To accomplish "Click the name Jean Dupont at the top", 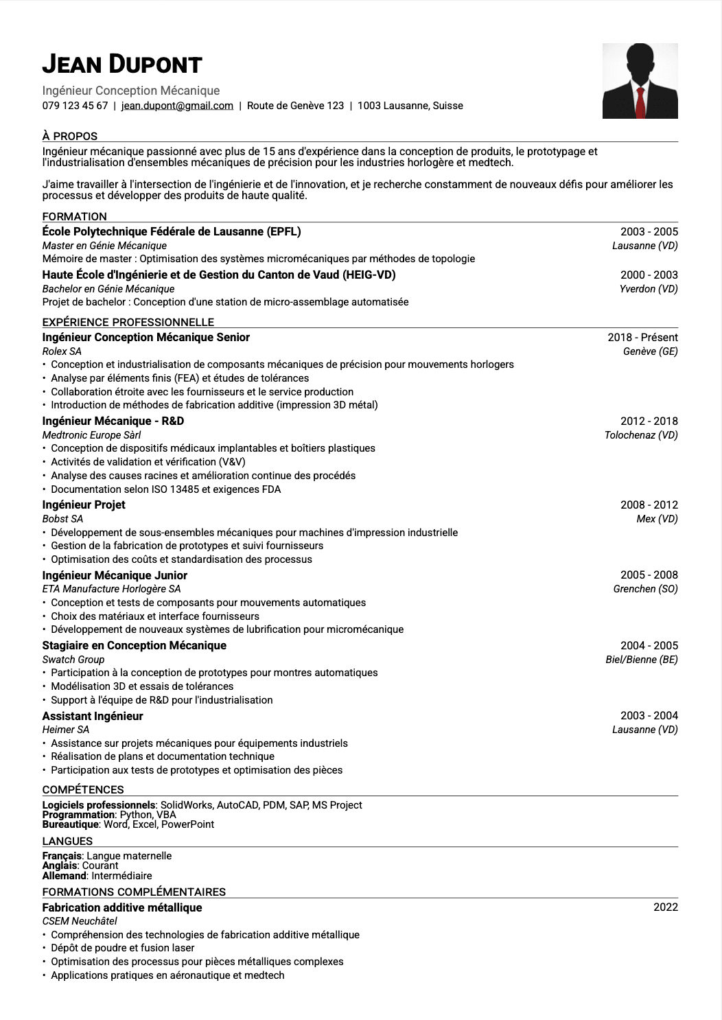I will click(122, 65).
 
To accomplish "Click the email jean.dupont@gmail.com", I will click(177, 106).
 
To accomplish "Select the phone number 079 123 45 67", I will click(75, 106).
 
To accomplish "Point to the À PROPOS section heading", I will click(70, 136).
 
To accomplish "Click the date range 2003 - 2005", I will click(649, 232).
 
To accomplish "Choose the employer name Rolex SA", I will click(62, 351).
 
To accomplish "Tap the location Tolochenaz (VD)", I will click(641, 435).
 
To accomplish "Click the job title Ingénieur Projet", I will click(84, 505).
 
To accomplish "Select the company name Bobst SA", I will click(62, 519).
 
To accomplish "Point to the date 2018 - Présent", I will click(642, 337).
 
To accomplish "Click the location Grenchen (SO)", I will click(645, 589).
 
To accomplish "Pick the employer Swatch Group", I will click(73, 660).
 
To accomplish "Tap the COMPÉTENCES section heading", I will click(83, 789).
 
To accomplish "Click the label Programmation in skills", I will click(78, 815).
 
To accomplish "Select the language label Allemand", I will click(65, 876).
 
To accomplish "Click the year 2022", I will click(665, 907).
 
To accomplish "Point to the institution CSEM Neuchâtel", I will click(80, 921).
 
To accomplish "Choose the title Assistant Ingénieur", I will click(93, 716).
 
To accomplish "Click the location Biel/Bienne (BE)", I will click(641, 660).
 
